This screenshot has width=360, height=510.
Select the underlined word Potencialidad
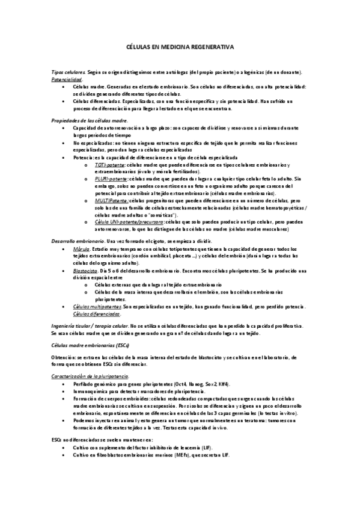point(67,79)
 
